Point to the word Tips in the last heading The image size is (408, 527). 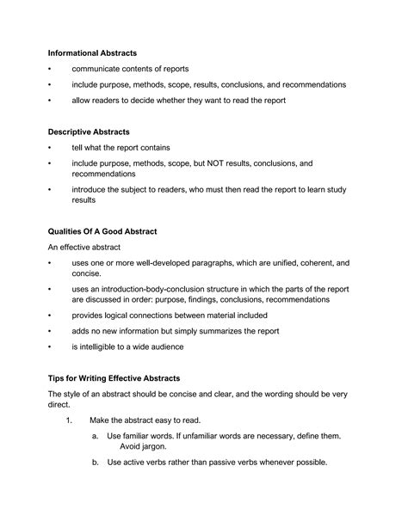[58, 377]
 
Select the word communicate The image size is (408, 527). [100, 69]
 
